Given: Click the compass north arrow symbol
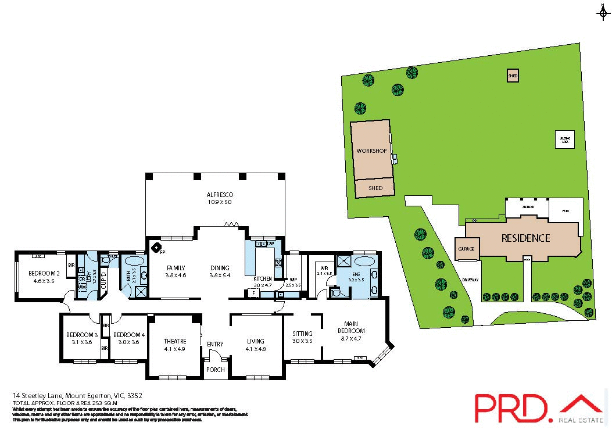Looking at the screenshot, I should tap(602, 12).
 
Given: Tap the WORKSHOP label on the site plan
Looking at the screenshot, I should tap(371, 151).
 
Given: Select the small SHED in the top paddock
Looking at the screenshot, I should tap(512, 76).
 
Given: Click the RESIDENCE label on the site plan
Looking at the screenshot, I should tap(525, 238).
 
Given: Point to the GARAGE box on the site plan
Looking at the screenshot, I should tap(466, 249).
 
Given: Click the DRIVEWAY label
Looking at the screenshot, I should tap(470, 280).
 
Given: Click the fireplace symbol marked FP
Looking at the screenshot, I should tap(157, 248).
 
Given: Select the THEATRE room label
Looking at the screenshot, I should tap(174, 341).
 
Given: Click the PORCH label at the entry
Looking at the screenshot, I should tap(215, 369).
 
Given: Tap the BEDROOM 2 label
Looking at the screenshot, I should tap(45, 273).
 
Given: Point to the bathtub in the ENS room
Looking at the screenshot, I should tap(366, 261).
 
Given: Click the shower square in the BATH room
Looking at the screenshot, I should tap(139, 292).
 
